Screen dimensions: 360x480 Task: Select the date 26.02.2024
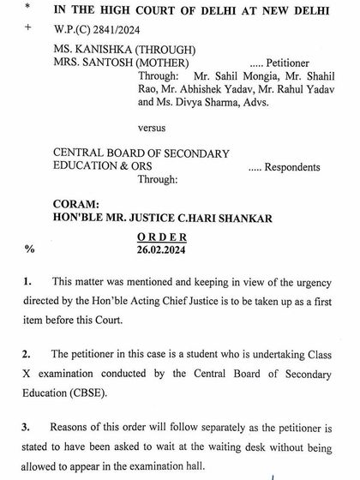[160, 249]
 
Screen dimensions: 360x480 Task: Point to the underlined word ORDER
[160, 237]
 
